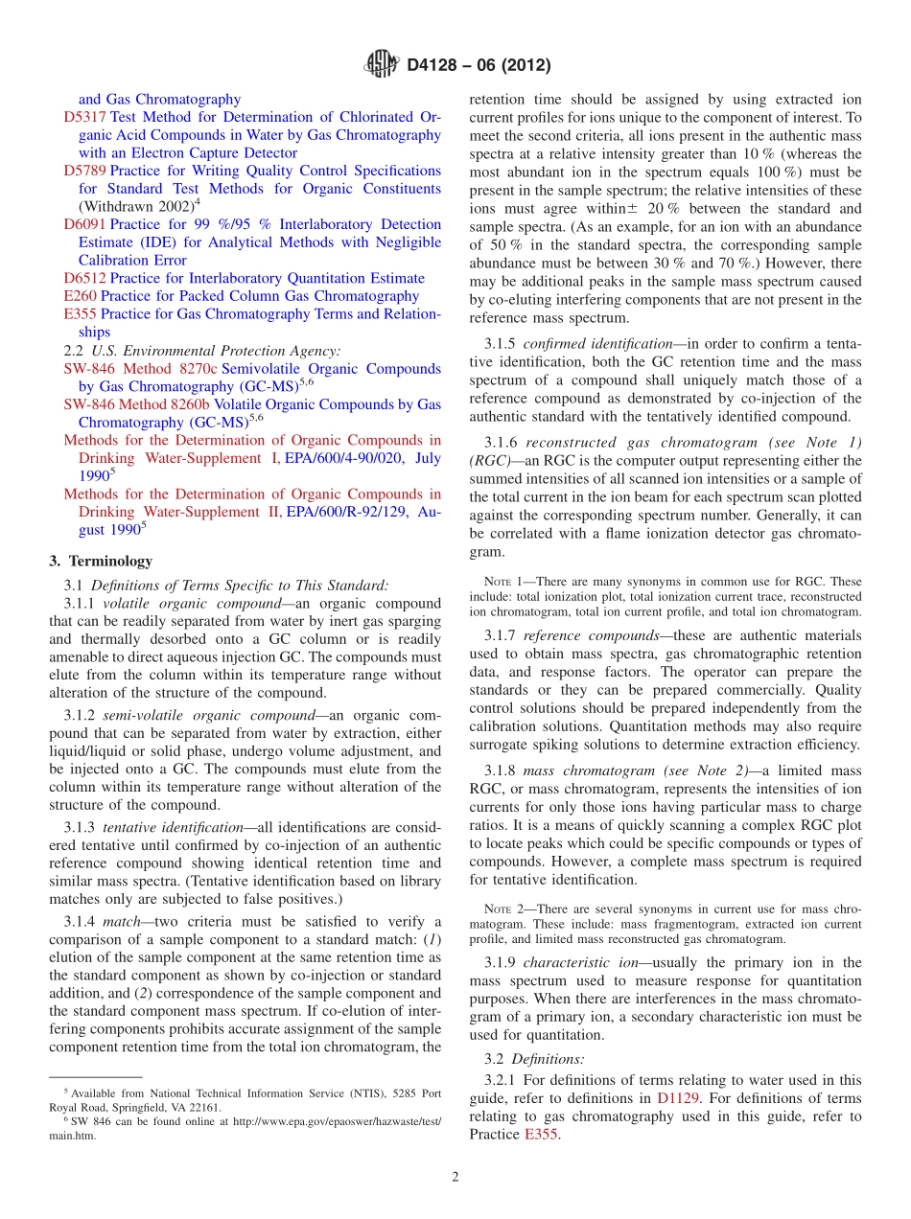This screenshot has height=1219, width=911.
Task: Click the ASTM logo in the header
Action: click(382, 65)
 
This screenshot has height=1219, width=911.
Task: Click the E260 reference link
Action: click(80, 296)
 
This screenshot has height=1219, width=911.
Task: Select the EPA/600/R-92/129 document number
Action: click(356, 512)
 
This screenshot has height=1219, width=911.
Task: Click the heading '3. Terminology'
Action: click(100, 561)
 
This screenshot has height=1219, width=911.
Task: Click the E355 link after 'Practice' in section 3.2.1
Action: click(541, 1135)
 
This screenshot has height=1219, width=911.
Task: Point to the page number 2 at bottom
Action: click(455, 1178)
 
